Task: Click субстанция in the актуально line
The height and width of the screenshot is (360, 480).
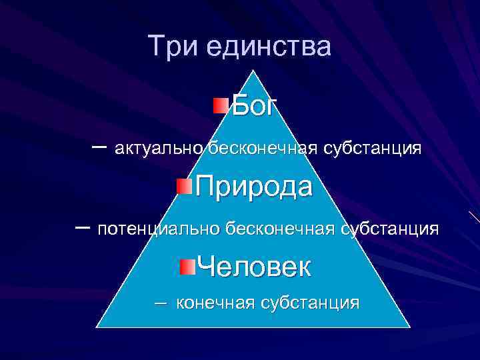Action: point(372,148)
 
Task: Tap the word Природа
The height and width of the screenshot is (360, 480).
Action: point(253,187)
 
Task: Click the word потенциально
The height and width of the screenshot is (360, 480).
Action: point(157,229)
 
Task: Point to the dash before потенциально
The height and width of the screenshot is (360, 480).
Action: point(83,227)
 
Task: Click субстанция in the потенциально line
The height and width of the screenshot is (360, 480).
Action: point(389,229)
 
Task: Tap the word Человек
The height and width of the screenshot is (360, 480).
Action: point(254,267)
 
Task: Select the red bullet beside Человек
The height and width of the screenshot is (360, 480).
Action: point(188,266)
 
